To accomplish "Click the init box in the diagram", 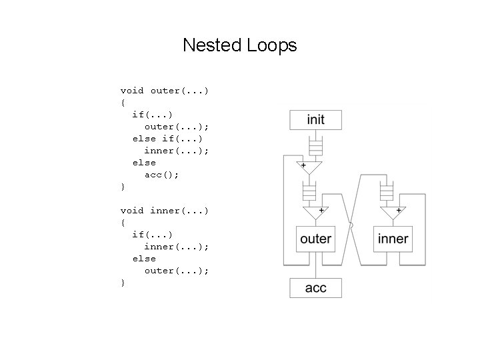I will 315,120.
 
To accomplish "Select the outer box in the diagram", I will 315,238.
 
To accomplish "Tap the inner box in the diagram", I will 393,238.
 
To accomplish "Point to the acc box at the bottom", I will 315,288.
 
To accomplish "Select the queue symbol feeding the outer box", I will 309,193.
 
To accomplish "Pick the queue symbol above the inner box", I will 386,193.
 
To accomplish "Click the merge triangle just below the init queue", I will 310,167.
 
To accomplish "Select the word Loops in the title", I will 271,45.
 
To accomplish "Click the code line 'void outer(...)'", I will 165,90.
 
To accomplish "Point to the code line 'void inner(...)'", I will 165,211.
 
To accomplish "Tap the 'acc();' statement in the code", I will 162,174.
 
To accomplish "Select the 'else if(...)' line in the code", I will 168,138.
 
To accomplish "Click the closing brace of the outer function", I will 123,187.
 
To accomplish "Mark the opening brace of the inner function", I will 123,223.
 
